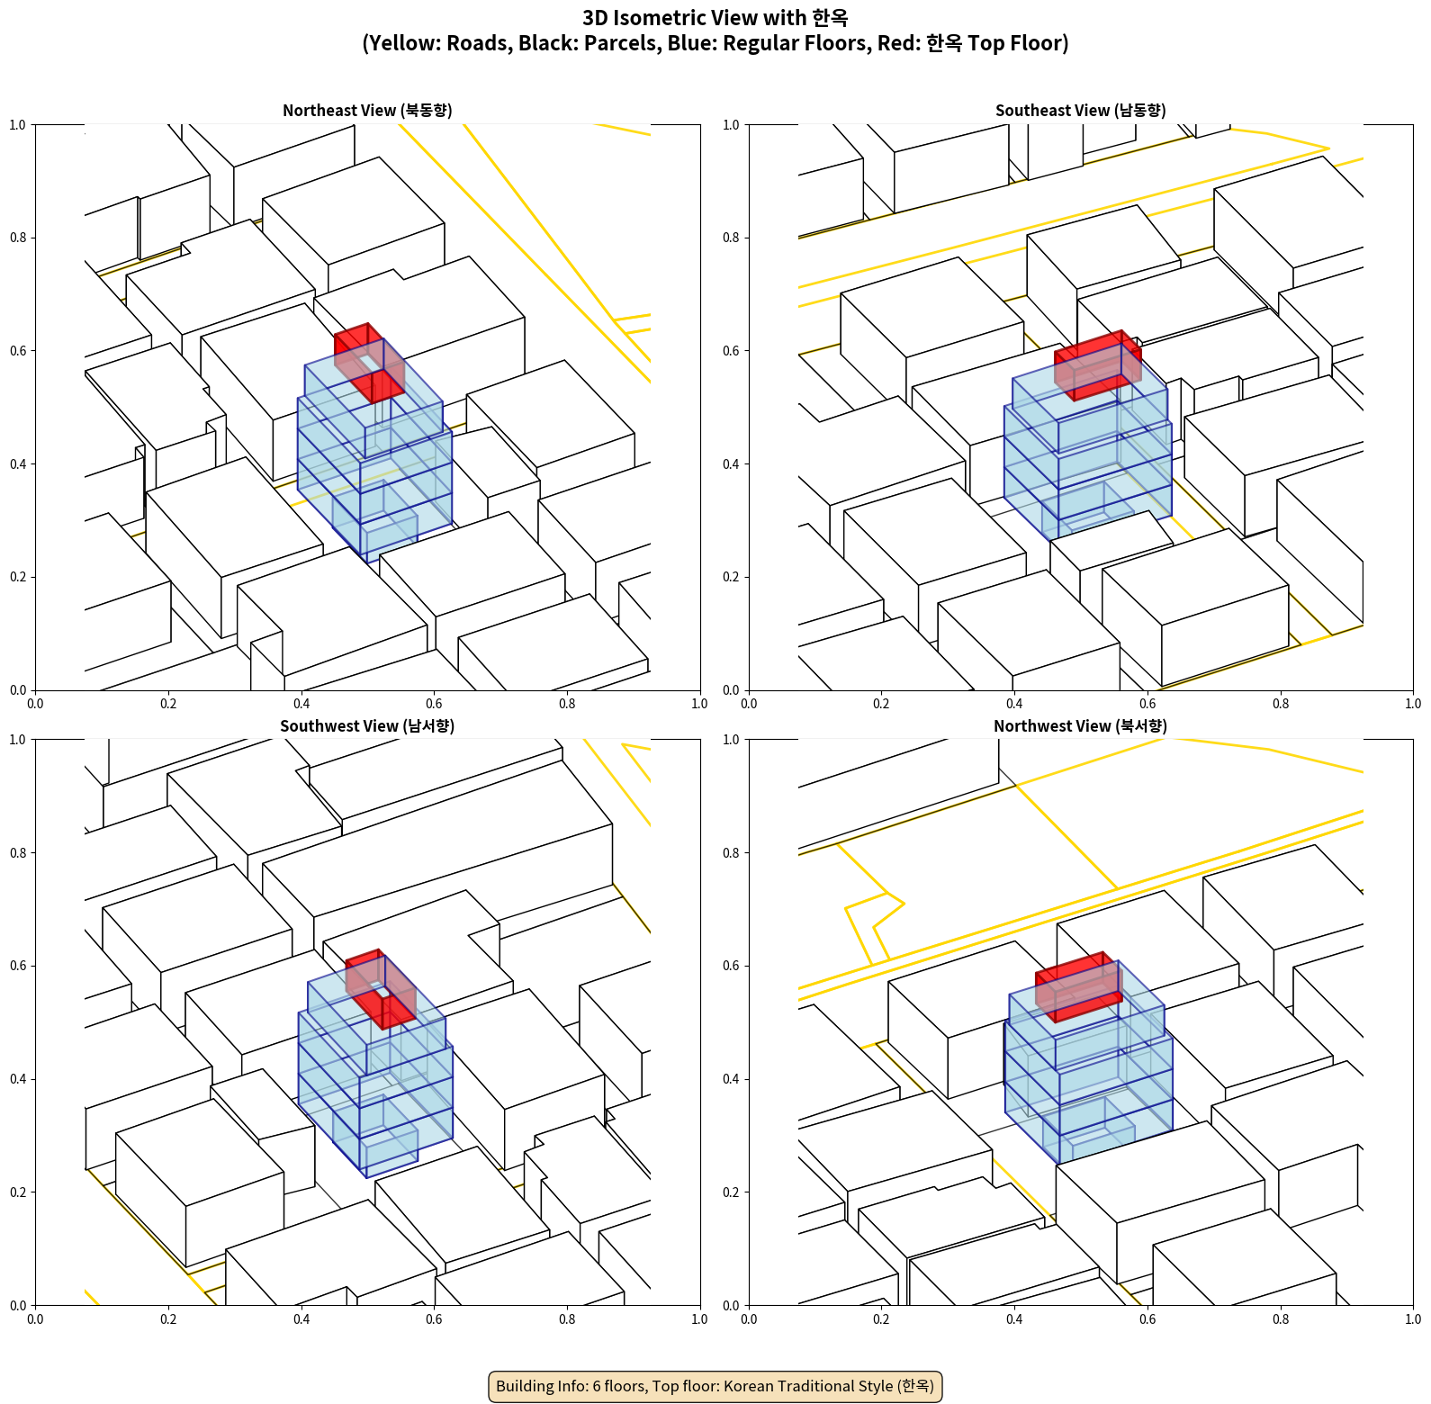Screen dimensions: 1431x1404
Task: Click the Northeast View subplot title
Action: click(x=367, y=111)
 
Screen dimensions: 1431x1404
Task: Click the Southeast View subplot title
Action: click(x=1080, y=111)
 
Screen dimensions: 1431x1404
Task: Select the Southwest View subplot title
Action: click(x=367, y=726)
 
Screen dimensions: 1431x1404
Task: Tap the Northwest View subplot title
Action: click(x=1080, y=726)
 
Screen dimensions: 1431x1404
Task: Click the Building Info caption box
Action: click(x=715, y=1386)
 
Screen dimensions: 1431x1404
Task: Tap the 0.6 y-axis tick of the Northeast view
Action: click(x=18, y=351)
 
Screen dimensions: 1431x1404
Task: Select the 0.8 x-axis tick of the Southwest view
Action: click(x=567, y=1319)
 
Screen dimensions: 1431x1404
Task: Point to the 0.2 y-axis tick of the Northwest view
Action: click(x=732, y=1192)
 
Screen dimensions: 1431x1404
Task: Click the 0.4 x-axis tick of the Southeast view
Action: click(x=1014, y=704)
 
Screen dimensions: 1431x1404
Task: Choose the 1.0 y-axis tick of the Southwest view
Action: click(x=18, y=740)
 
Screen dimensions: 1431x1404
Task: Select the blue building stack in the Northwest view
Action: click(x=1088, y=1071)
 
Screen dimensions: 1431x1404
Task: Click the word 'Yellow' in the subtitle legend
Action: click(x=400, y=43)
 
